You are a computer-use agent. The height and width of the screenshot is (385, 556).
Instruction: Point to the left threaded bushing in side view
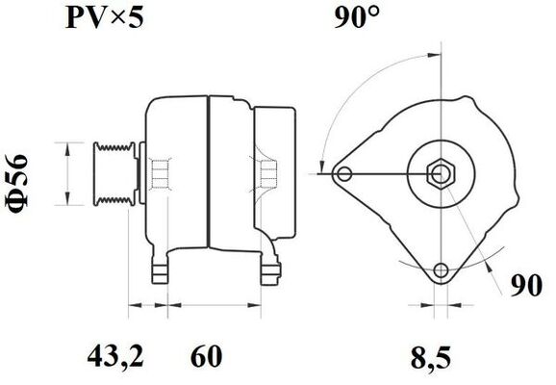(161, 174)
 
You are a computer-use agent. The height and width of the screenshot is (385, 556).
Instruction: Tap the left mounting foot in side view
(159, 263)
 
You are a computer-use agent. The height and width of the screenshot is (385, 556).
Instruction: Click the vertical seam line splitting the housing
(208, 173)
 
